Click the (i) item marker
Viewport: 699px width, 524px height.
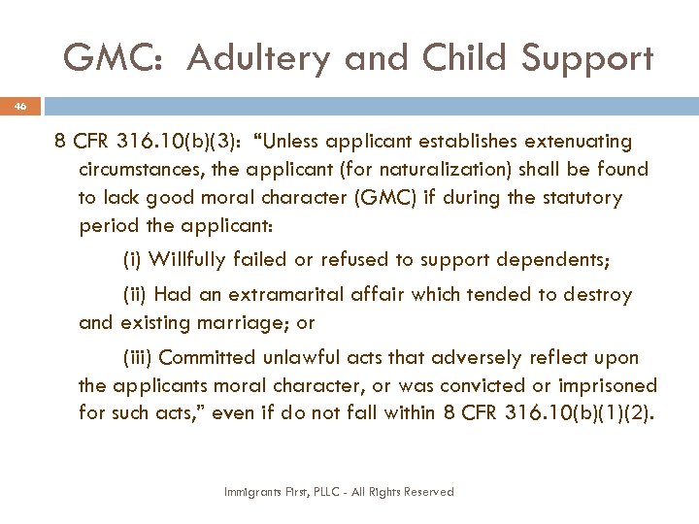(x=135, y=259)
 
